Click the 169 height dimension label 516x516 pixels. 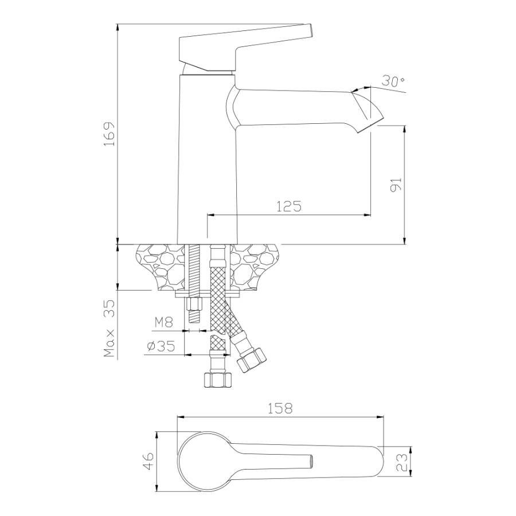coord(109,134)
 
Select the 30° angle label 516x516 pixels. coord(393,81)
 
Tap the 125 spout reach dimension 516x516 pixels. coord(288,206)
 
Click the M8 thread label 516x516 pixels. coord(163,322)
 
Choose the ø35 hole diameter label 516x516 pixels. coord(161,346)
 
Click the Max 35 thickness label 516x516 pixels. coord(109,329)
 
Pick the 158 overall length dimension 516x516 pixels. coord(279,408)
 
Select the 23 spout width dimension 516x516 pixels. coord(401,462)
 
